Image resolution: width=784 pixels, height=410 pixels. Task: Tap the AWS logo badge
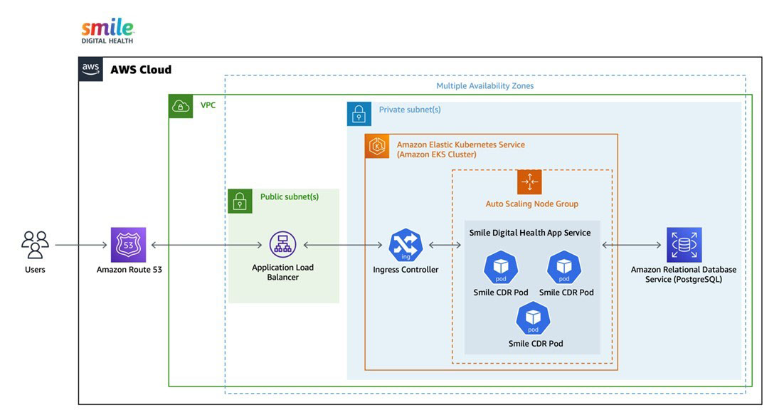point(90,69)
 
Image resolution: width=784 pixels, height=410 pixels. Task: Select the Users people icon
point(35,244)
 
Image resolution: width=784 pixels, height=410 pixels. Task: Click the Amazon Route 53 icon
point(129,244)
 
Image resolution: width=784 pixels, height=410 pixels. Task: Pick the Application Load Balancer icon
point(282,244)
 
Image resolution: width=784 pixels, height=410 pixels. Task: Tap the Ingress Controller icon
point(406,245)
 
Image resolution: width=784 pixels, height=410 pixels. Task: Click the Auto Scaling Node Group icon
point(529,182)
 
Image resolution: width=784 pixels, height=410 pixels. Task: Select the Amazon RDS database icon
point(684,244)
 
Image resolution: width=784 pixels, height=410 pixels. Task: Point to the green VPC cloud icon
point(181,106)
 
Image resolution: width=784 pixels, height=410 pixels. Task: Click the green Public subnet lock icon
point(240,201)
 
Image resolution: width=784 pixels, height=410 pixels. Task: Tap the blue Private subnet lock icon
point(359,113)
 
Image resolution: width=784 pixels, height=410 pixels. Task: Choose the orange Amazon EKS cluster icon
point(377,146)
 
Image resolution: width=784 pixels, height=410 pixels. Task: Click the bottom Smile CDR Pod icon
point(533,318)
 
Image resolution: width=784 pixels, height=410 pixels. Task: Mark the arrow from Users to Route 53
point(81,245)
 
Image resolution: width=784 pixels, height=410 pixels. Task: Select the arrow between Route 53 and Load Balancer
point(206,245)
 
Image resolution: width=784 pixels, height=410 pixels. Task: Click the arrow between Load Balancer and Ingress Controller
point(343,245)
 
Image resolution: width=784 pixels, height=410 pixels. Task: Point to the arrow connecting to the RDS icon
point(632,245)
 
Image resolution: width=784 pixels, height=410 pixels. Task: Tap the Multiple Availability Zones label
point(485,85)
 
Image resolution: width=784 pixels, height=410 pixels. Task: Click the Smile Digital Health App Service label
point(530,233)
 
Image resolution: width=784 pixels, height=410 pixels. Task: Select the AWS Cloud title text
point(141,70)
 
